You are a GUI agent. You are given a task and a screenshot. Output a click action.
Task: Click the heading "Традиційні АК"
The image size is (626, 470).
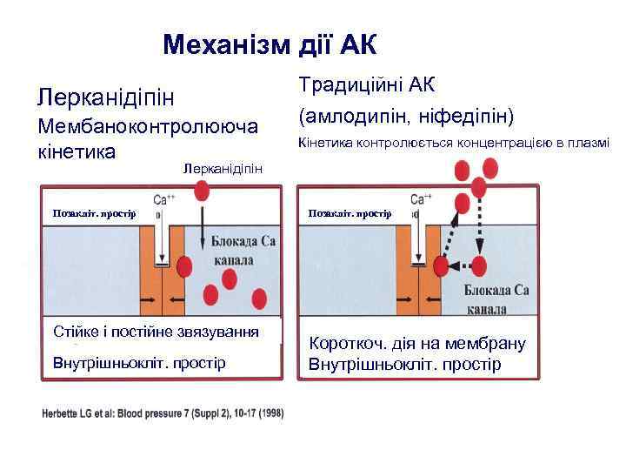point(365,85)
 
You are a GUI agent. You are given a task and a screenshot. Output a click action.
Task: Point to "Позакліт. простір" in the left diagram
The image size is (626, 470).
point(88,213)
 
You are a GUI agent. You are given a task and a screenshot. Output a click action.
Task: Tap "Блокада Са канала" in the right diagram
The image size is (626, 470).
point(496,299)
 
